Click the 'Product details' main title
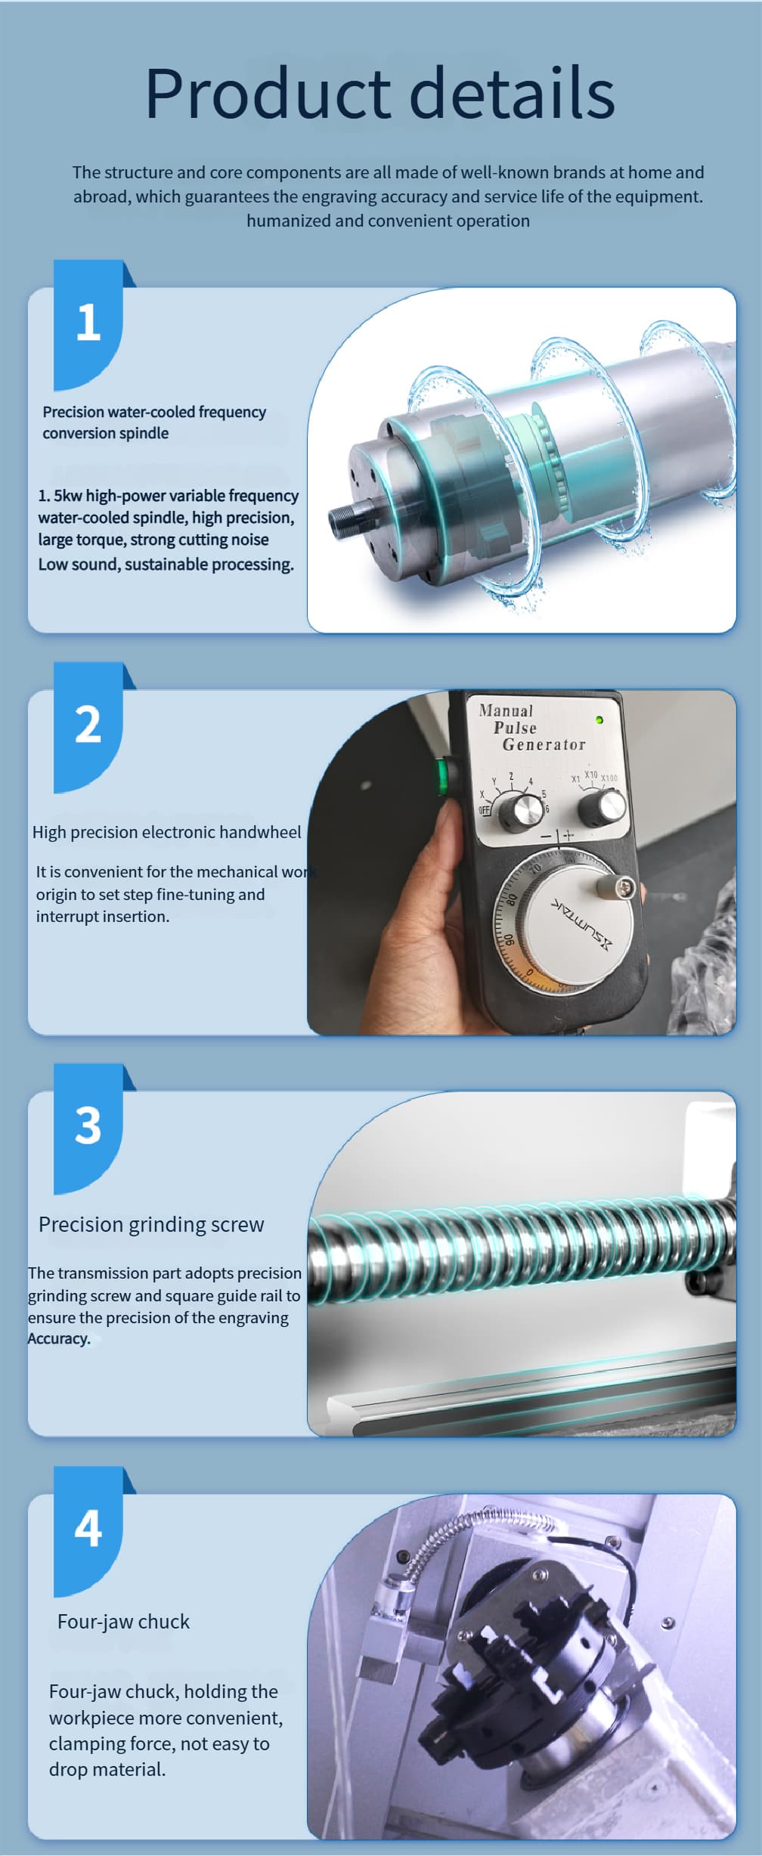point(379,92)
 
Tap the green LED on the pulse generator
point(599,720)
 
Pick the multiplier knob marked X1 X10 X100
point(602,808)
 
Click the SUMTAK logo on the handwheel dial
point(581,923)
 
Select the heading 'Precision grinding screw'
point(151,1225)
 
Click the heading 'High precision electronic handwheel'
point(166,832)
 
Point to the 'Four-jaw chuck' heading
point(123,1622)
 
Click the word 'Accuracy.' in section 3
point(59,1338)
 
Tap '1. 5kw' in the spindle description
point(60,496)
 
